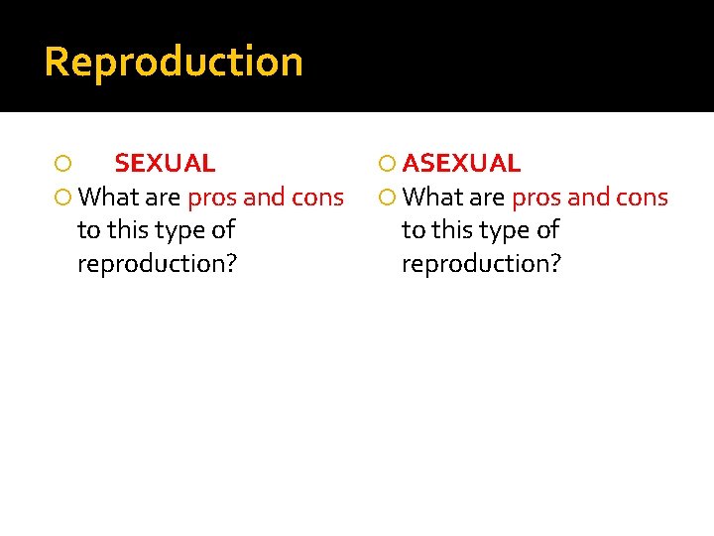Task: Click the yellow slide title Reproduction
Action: [174, 62]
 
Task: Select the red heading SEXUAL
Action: [165, 163]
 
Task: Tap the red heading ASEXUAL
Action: [461, 163]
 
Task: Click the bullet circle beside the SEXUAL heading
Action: [62, 164]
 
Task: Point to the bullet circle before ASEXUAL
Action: [388, 164]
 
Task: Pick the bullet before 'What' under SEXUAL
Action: [62, 198]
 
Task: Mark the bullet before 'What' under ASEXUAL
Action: [388, 198]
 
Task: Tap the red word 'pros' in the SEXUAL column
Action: [211, 198]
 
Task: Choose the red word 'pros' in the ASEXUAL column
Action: [535, 198]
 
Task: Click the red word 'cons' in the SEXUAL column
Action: [317, 198]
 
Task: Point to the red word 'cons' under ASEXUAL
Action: [642, 198]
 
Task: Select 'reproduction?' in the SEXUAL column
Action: [157, 264]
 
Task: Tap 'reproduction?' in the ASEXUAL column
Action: [481, 264]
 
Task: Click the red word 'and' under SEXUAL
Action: [264, 198]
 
